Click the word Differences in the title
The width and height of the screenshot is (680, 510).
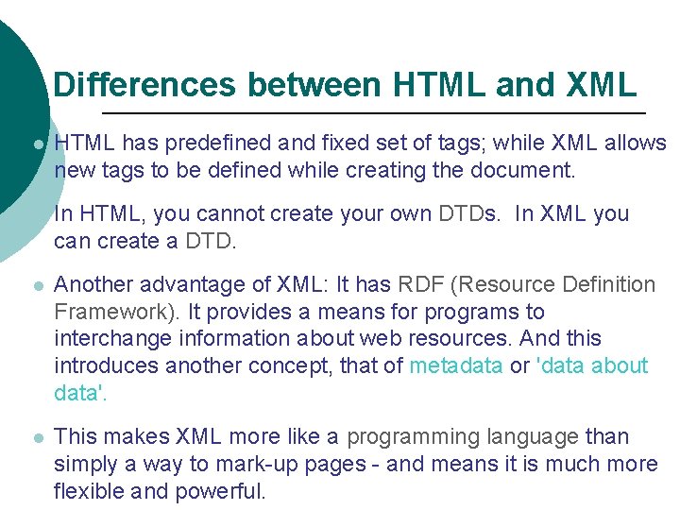point(144,85)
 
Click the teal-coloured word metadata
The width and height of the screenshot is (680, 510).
point(456,365)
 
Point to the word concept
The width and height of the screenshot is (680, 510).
point(290,365)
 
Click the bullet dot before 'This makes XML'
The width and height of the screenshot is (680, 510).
point(37,438)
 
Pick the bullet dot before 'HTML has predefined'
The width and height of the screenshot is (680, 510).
point(37,145)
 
